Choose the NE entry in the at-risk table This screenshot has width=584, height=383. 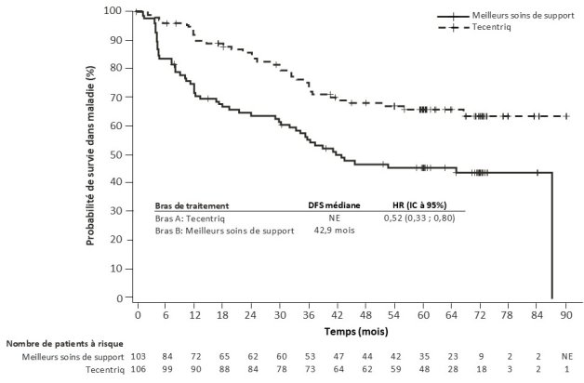(x=566, y=356)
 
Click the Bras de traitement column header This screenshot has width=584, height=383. (x=192, y=205)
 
